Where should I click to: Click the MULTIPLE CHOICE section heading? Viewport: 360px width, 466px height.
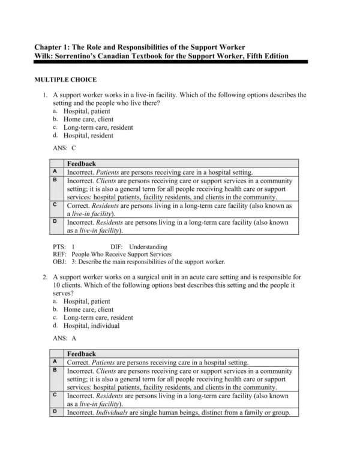coord(65,79)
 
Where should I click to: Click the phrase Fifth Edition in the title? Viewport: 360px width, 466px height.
coord(264,56)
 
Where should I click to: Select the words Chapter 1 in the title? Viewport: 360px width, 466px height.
coord(55,47)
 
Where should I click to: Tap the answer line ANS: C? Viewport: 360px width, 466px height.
coord(64,147)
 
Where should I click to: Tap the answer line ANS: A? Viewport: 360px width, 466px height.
coord(64,338)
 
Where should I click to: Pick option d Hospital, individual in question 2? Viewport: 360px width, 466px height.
coord(91,326)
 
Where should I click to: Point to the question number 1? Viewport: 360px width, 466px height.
coord(45,95)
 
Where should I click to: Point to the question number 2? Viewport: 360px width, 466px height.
coord(45,277)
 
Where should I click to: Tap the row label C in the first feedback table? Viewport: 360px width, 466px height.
coord(55,205)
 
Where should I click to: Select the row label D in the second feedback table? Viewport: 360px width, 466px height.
coord(55,411)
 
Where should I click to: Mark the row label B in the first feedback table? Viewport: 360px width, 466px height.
coord(55,180)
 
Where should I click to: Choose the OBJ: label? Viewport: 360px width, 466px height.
coord(59,262)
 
